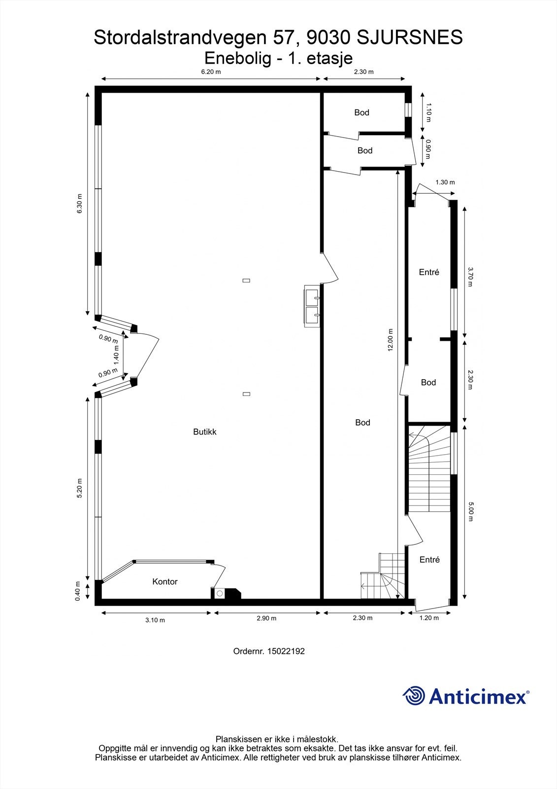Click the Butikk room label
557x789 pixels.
pyautogui.click(x=204, y=431)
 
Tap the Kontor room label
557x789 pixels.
pyautogui.click(x=164, y=581)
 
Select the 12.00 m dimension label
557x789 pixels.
pyautogui.click(x=391, y=340)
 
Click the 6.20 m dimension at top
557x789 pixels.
pyautogui.click(x=211, y=72)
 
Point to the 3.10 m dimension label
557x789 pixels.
pyautogui.click(x=155, y=620)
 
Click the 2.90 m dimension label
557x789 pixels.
pyautogui.click(x=266, y=618)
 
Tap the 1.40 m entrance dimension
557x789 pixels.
pyautogui.click(x=117, y=355)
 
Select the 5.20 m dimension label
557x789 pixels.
pyautogui.click(x=79, y=489)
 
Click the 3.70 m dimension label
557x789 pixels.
pyautogui.click(x=470, y=277)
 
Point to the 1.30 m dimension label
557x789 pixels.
pyautogui.click(x=445, y=182)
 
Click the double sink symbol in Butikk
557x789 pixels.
pyautogui.click(x=312, y=306)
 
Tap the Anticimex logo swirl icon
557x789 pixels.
pyautogui.click(x=414, y=696)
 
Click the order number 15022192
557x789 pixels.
pyautogui.click(x=286, y=651)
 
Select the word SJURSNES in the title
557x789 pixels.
pyautogui.click(x=409, y=37)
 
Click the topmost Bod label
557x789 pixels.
pyautogui.click(x=361, y=112)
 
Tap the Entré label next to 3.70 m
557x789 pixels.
pyautogui.click(x=429, y=272)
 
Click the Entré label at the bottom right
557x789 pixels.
pyautogui.click(x=429, y=559)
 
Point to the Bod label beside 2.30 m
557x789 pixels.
pyautogui.click(x=428, y=382)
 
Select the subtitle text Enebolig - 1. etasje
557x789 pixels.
pyautogui.click(x=278, y=58)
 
